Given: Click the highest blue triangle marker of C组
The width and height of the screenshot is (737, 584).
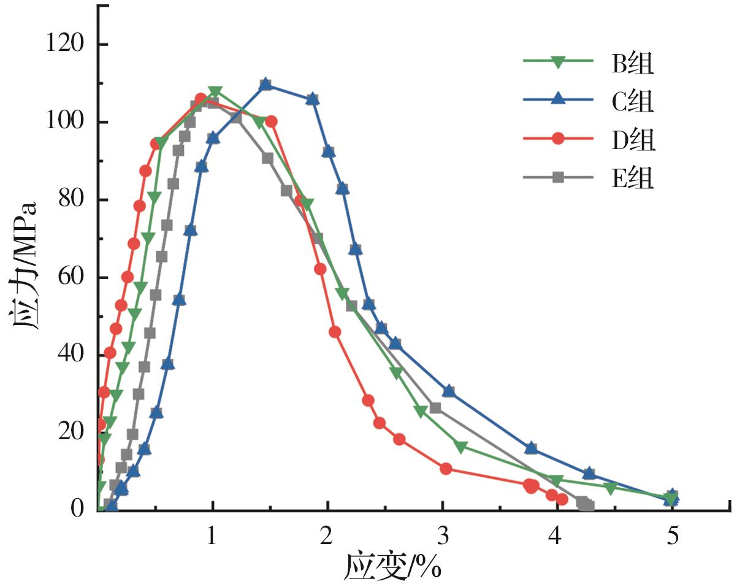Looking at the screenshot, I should tap(265, 84).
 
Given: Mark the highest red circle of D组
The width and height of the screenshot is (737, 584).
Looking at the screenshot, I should tap(200, 99).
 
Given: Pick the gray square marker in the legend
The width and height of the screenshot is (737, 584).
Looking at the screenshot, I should tap(558, 177).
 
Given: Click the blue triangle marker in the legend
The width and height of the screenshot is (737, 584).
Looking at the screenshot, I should tap(558, 99).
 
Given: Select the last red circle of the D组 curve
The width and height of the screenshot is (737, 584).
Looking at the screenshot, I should tap(562, 499).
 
